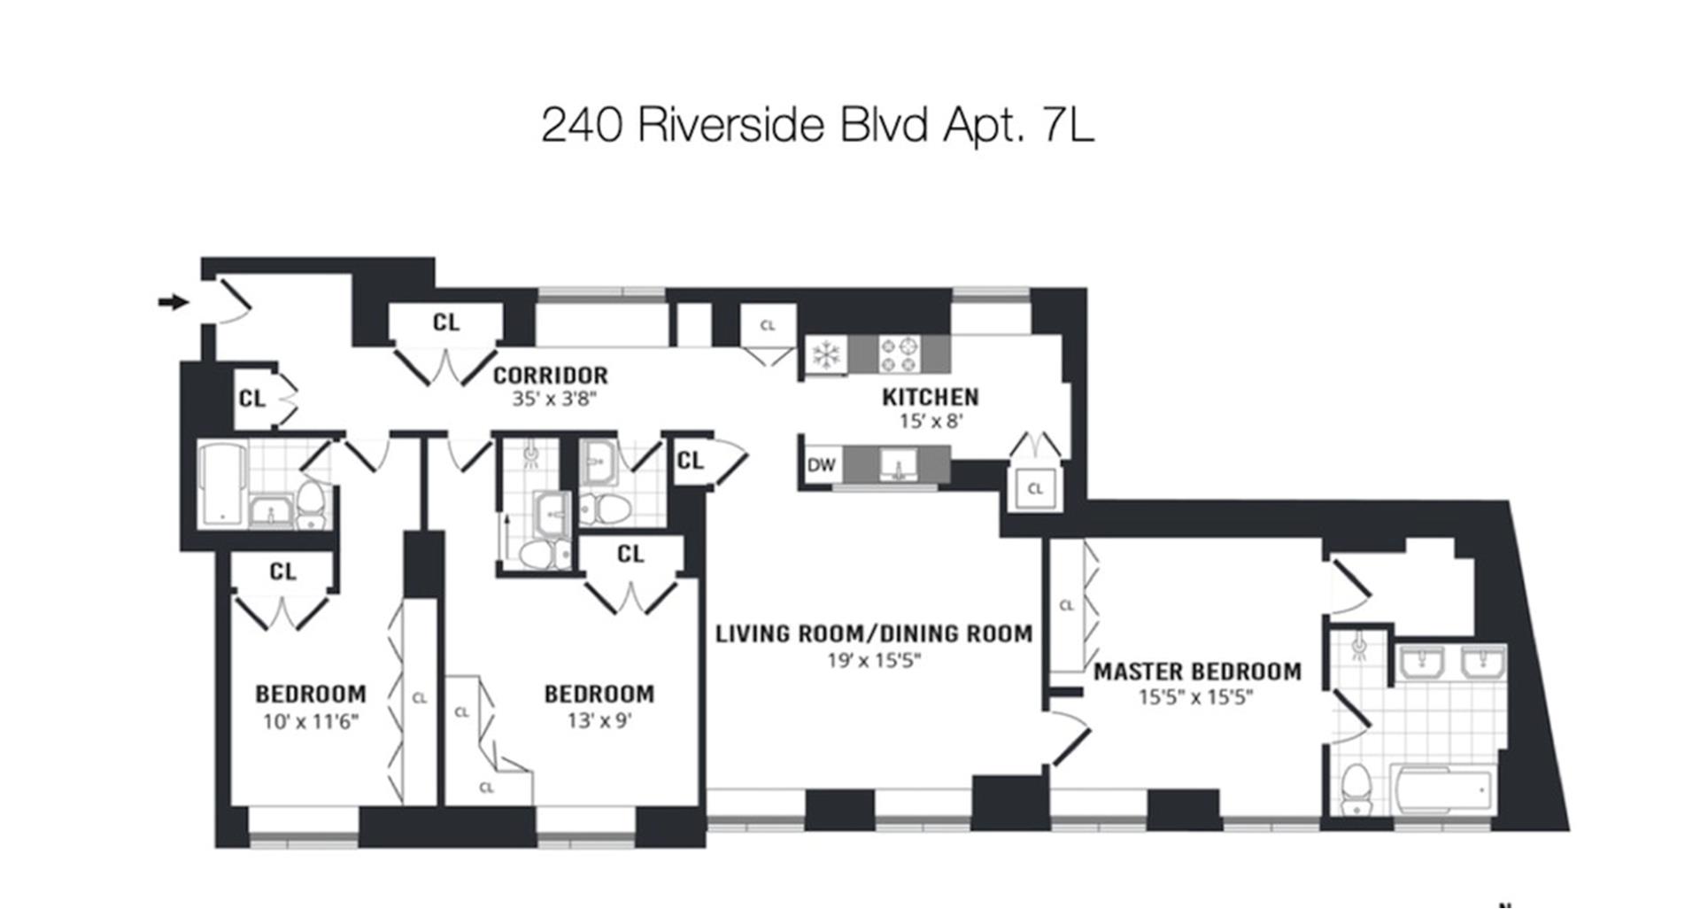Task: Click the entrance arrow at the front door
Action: point(174,302)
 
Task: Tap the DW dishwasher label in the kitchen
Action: point(821,465)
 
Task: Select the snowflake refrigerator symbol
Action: point(826,354)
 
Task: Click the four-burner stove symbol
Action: point(900,354)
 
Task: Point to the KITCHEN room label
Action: point(930,397)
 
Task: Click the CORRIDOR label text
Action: point(551,376)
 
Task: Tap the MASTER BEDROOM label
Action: point(1197,672)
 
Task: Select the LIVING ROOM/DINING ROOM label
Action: point(874,633)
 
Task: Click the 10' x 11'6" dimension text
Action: point(310,721)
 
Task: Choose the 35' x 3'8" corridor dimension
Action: point(554,399)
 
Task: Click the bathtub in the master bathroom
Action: point(1443,789)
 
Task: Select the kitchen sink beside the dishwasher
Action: point(899,463)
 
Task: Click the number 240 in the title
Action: point(581,125)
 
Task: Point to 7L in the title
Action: point(1069,125)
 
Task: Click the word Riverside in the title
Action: point(730,125)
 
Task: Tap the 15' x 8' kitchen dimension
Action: point(931,421)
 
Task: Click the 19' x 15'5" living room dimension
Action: point(874,660)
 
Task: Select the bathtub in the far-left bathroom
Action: point(221,485)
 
